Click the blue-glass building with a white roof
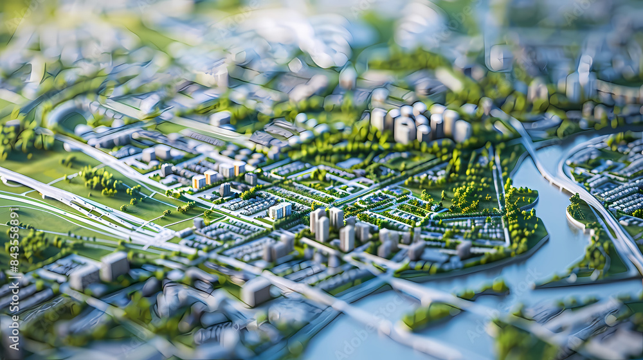[x=280, y=210]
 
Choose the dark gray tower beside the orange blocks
[x=225, y=190]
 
